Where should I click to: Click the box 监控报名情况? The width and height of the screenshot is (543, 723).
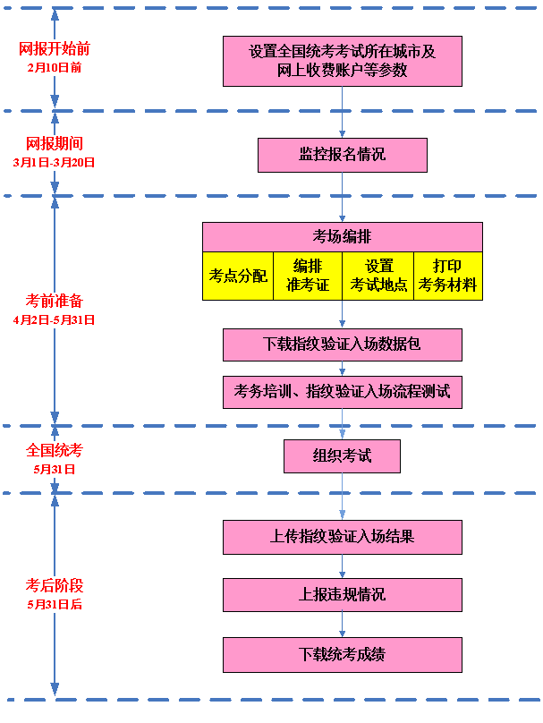[x=342, y=155]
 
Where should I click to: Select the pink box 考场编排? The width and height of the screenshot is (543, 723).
[x=342, y=237]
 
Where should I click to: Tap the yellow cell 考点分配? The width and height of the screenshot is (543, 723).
[x=238, y=276]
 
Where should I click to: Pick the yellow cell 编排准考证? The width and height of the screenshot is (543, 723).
[x=308, y=276]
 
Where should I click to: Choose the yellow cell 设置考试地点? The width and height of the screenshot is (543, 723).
[x=378, y=276]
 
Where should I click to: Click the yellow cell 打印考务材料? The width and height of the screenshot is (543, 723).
[x=448, y=276]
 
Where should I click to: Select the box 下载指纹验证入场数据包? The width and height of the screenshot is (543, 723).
[x=342, y=344]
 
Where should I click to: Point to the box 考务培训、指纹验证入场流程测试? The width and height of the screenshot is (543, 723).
[x=342, y=392]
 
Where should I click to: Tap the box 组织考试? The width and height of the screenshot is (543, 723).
[x=342, y=456]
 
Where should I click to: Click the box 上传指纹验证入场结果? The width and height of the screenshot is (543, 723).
[x=342, y=537]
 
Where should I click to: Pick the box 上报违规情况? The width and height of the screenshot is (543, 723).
[x=342, y=594]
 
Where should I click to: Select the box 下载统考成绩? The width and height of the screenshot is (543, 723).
[x=342, y=654]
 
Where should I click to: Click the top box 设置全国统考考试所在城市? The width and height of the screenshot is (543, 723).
[x=342, y=61]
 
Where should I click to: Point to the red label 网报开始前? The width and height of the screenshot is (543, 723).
[x=54, y=48]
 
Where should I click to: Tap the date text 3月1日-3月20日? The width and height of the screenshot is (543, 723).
[x=54, y=162]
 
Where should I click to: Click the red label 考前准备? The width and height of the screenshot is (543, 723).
[x=54, y=301]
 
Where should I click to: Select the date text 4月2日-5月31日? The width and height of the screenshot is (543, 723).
[x=54, y=319]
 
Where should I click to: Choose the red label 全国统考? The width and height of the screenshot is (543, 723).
[x=54, y=450]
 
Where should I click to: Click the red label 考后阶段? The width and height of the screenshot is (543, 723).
[x=54, y=586]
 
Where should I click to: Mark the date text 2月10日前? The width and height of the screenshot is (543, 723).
[x=54, y=67]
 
